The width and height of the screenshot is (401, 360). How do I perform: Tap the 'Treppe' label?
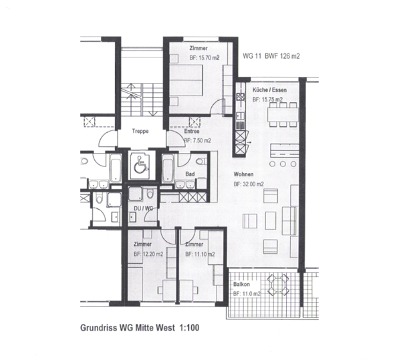[x=140, y=132]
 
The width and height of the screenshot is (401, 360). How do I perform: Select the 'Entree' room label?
[x=192, y=132]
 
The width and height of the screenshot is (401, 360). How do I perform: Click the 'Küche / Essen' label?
[x=271, y=89]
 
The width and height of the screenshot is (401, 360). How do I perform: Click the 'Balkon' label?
[x=241, y=284]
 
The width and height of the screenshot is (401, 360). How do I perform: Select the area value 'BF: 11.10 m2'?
[x=199, y=254]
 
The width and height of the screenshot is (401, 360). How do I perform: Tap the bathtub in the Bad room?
[x=168, y=168]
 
